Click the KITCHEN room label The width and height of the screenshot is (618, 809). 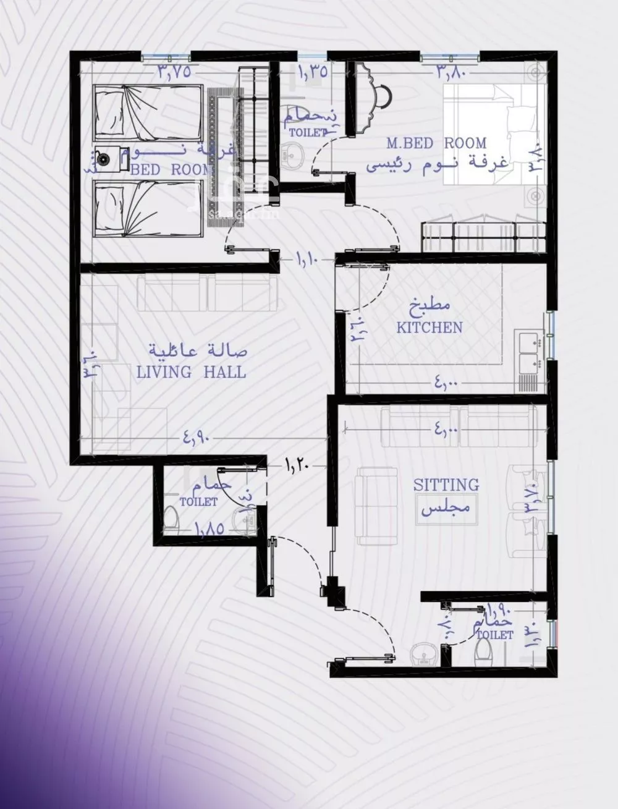point(430,327)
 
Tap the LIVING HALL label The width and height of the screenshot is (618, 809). point(191,372)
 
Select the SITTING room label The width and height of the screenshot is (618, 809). point(446,485)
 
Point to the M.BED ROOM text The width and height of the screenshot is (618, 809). point(436,143)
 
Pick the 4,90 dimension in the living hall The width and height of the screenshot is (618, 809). point(197,438)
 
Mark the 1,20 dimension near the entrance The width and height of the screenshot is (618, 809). point(297,463)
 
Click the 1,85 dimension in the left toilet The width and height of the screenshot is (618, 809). point(210,530)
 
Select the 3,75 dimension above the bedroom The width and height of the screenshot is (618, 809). point(173,71)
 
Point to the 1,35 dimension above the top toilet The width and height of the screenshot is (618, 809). point(312,71)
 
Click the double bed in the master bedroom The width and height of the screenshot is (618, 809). point(494,136)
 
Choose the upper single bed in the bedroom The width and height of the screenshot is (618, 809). point(148,113)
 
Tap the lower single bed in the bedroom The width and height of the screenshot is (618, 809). point(148,208)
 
